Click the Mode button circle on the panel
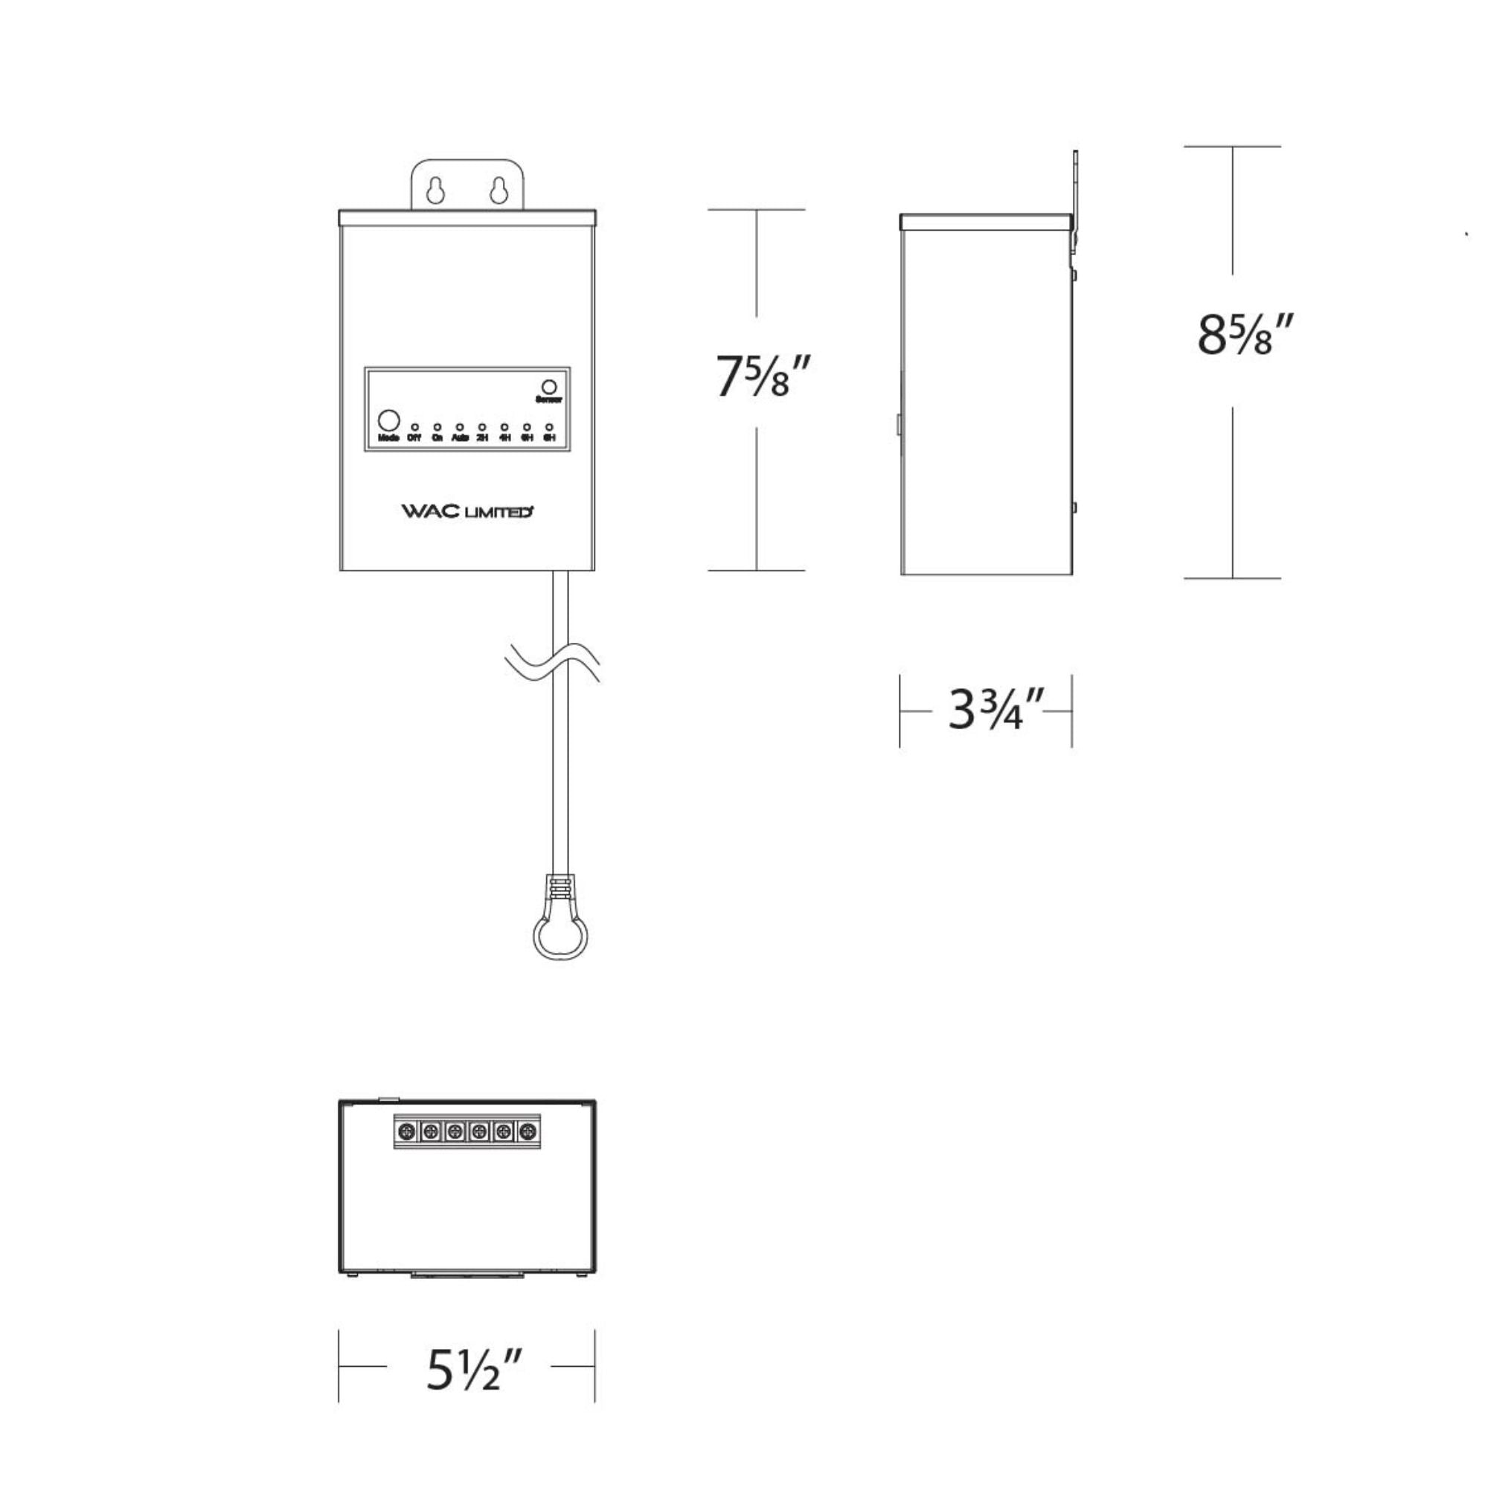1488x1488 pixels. point(389,420)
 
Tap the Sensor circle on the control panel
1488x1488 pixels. point(549,387)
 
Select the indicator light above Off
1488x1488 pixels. point(414,426)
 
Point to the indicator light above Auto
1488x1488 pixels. point(460,426)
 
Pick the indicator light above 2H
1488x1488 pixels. point(482,426)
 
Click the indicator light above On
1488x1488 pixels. point(437,426)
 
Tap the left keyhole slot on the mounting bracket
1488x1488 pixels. point(435,190)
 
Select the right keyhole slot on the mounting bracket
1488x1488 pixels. point(498,190)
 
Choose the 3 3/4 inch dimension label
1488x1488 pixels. point(997,709)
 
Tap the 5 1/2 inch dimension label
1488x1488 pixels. point(475,1370)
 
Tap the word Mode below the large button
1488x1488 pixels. point(388,438)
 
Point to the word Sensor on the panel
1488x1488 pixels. point(549,400)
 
